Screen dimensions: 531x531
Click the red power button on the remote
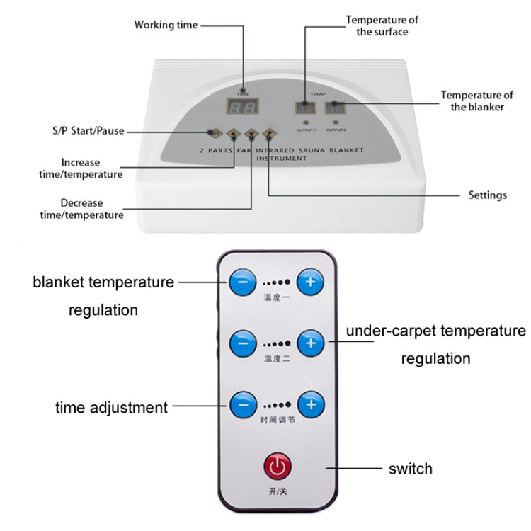[276, 467]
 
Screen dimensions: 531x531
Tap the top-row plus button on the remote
[309, 282]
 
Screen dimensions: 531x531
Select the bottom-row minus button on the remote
[243, 406]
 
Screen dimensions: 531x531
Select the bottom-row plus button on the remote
[309, 406]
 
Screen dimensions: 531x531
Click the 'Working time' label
[166, 25]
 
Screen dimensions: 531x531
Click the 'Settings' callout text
[487, 195]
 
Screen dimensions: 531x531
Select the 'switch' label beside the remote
[410, 468]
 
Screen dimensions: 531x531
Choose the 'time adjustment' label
[112, 407]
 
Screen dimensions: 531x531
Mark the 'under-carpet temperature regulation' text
[435, 344]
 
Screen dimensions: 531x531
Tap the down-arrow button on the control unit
[251, 132]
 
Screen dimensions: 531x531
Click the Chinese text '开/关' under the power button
[276, 491]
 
